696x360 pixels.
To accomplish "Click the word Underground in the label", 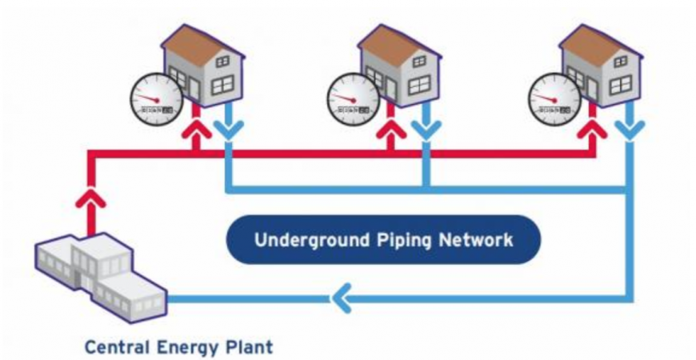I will (x=303, y=240).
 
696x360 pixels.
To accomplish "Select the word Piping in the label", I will (x=394, y=240).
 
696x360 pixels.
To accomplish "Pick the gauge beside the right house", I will (x=554, y=101).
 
